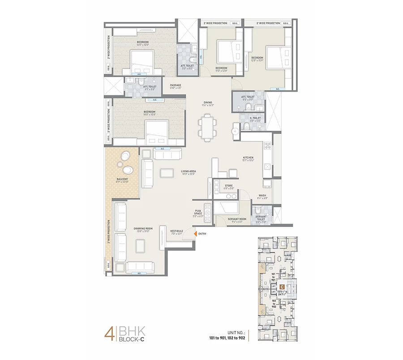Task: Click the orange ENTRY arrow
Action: coord(195,233)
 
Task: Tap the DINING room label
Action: coord(208,103)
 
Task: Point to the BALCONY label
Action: coord(122,180)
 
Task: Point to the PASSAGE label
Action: coord(175,86)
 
